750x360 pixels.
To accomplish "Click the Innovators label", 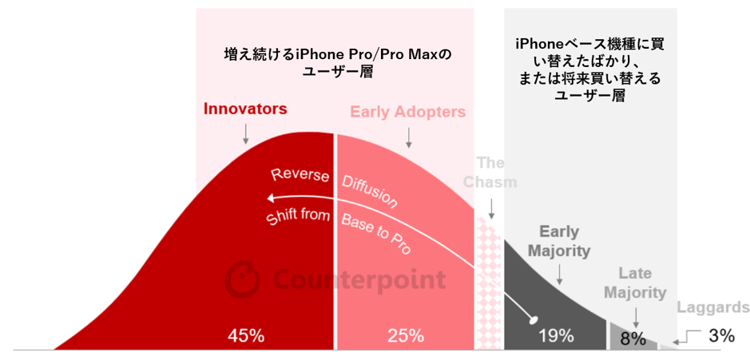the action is click(245, 109).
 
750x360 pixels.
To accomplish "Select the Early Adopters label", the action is click(408, 112).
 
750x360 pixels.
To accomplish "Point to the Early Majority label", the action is click(558, 241).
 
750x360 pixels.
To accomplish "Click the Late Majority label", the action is click(636, 283).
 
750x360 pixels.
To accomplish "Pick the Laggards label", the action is click(712, 307).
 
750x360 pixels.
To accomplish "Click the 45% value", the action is click(246, 335).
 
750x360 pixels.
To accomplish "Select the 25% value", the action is click(406, 335).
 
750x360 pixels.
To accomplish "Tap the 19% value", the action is click(556, 335).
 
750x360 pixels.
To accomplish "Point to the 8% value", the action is click(633, 338).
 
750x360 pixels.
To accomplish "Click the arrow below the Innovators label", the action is click(245, 134).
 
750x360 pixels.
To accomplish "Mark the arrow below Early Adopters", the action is click(408, 137).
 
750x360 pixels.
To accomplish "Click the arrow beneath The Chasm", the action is click(491, 208).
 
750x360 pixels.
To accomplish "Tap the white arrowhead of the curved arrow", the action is click(272, 198).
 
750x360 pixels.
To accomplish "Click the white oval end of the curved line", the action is click(533, 320).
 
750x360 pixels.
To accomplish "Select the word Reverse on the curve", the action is click(300, 175).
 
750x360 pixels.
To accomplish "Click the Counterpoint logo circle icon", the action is click(242, 279).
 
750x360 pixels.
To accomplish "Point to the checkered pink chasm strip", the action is click(489, 282).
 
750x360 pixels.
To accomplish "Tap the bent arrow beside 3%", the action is click(688, 339).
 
